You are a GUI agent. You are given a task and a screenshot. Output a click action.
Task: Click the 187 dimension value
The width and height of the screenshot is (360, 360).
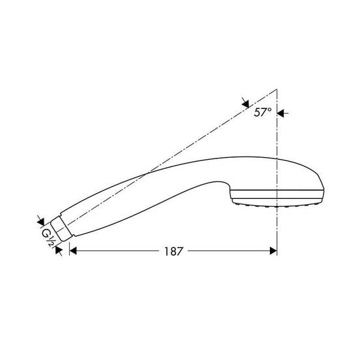click(x=172, y=250)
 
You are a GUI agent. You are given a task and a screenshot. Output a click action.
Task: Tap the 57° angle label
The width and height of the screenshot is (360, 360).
click(x=263, y=112)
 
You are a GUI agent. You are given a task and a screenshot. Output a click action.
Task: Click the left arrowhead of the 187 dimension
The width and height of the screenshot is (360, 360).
click(x=73, y=250)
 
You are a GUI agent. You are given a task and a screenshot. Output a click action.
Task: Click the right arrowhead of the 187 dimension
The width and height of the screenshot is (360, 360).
click(x=273, y=250)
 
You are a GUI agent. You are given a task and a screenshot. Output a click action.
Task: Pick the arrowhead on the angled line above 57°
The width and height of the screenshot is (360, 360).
click(x=245, y=103)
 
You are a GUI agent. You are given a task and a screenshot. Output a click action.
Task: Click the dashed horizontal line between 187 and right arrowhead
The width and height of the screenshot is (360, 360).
click(x=228, y=250)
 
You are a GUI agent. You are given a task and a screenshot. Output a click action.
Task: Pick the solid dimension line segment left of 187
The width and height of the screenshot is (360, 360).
click(x=117, y=250)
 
